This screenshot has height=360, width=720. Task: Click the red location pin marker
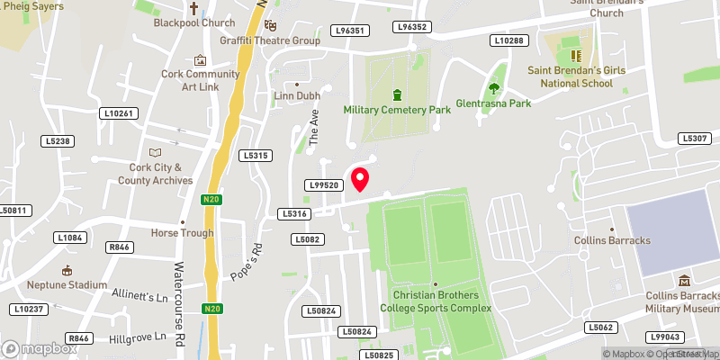point(360,179)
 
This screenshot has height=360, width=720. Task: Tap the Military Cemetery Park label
point(397,110)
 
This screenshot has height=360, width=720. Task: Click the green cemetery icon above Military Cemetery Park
point(397,94)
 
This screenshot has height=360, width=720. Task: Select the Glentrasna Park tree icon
point(493,88)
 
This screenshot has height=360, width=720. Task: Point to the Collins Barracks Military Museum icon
point(684,282)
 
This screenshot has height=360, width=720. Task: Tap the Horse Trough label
point(182,233)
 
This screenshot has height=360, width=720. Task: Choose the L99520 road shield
point(323,184)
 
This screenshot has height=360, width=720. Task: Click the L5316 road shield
point(295,214)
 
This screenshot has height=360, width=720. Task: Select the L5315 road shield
point(255,156)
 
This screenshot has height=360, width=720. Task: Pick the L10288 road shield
point(508,40)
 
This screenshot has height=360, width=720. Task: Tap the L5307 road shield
point(696,138)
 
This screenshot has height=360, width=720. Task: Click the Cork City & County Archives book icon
point(156,152)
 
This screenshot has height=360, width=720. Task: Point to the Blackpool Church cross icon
point(193,8)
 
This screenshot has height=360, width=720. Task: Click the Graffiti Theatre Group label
point(270,40)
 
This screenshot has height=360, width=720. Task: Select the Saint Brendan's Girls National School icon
point(572,55)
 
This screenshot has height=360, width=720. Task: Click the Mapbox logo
point(38,348)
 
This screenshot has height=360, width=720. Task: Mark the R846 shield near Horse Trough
point(118,246)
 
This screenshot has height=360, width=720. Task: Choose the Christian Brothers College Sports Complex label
point(436,301)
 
